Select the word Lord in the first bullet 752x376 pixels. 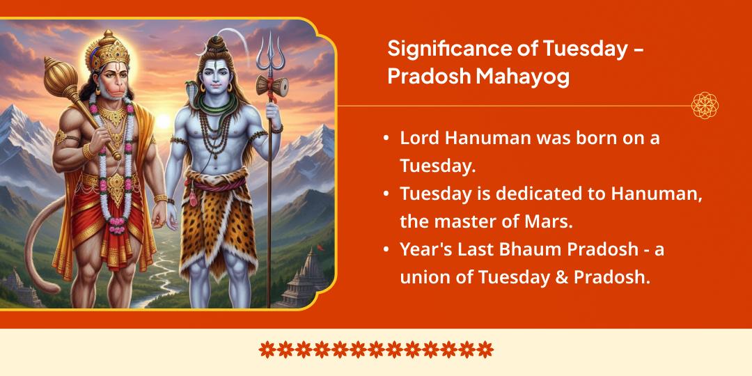point(421,138)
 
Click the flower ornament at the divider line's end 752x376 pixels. point(705,106)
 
